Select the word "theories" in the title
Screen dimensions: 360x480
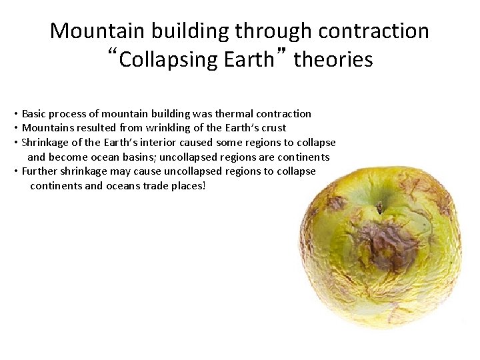[333, 60]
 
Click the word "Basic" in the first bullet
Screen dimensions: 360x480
[35, 114]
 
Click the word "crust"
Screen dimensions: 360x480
[273, 128]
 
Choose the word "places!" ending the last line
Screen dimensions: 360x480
[190, 186]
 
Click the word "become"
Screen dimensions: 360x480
[65, 157]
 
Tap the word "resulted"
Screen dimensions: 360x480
[88, 128]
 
